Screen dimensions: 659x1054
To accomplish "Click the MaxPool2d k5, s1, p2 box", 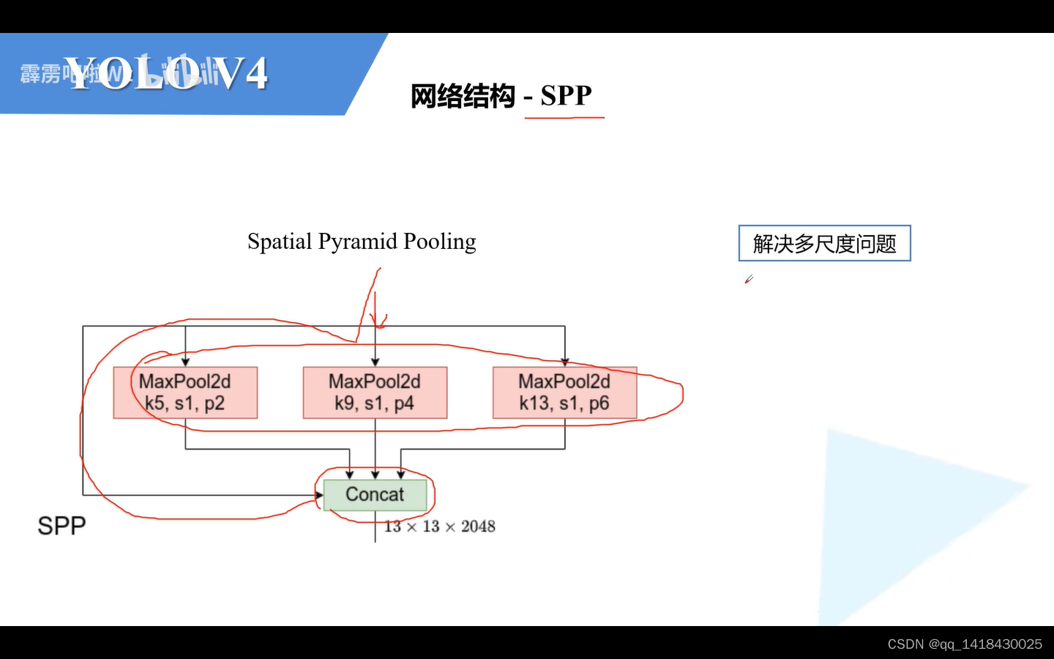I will click(185, 392).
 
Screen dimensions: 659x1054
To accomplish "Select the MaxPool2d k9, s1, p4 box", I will click(375, 392).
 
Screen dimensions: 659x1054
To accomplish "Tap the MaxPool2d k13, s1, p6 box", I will click(564, 392).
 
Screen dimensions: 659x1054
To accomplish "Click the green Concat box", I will click(375, 495).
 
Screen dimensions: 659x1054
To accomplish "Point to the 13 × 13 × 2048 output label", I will click(440, 526).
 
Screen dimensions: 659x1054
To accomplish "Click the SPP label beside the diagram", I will click(61, 526).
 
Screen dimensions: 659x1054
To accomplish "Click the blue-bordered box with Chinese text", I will click(824, 243).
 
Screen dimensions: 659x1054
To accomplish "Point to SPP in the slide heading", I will click(566, 95).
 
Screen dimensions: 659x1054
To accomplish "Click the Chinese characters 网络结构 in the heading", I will click(463, 96).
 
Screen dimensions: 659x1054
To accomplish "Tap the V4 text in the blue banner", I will click(241, 74).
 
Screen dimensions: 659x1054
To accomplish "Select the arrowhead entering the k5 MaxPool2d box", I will click(185, 362).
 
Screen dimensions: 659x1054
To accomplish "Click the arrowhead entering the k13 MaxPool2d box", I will click(565, 362).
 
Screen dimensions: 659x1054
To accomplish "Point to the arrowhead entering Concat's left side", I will click(319, 495).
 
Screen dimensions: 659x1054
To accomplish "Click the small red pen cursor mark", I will click(748, 279).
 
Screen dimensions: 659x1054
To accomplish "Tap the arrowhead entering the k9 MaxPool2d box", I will click(375, 362).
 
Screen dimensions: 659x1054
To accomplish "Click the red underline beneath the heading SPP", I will click(564, 117).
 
